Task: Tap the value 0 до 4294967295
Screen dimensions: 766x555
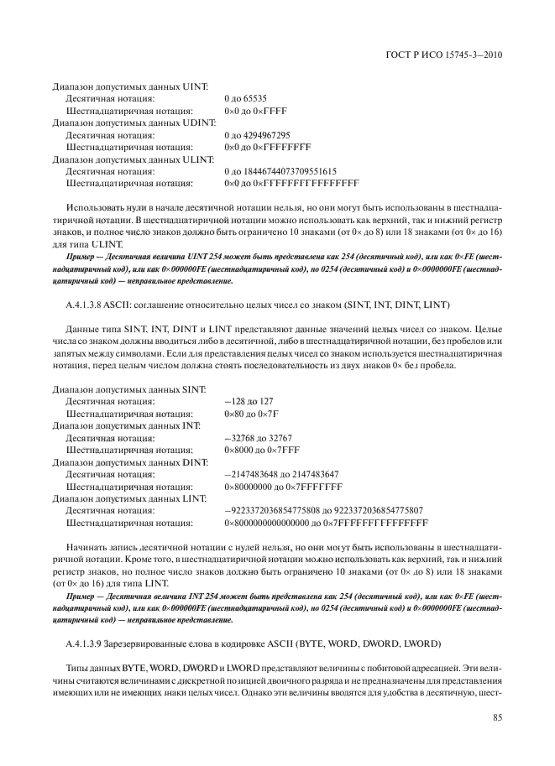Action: (257, 134)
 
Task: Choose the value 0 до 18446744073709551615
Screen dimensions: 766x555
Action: (280, 169)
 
